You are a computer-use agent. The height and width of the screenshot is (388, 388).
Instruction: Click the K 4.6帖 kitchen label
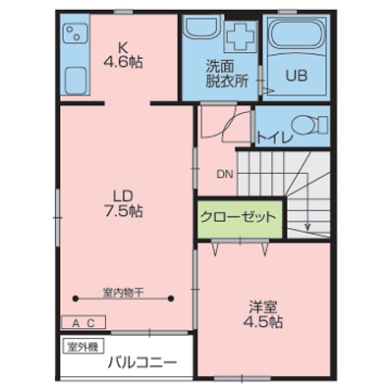point(123,55)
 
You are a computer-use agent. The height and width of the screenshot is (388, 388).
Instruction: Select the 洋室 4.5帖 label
point(263,314)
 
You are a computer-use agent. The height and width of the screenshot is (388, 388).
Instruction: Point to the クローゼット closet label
point(238,217)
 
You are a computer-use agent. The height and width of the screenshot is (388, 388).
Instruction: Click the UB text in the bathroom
point(297,76)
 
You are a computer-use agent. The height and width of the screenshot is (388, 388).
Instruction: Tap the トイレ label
point(274,138)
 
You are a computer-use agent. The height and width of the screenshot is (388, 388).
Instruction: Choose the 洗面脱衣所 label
point(227,74)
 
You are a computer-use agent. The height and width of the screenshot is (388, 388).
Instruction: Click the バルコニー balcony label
point(142,362)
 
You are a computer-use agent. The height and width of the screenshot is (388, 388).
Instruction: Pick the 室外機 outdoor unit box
point(83,347)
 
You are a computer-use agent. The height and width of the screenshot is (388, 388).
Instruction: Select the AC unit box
point(83,322)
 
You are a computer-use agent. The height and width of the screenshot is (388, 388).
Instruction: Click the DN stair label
point(225,175)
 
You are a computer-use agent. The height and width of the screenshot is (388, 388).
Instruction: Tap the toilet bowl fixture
point(309,125)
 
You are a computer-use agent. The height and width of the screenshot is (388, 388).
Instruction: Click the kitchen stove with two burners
point(75,32)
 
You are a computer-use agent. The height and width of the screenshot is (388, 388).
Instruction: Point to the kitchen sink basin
point(76,81)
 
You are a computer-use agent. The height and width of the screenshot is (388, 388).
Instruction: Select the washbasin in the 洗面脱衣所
point(203,28)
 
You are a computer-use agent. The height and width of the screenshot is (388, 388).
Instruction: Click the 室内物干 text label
point(123,293)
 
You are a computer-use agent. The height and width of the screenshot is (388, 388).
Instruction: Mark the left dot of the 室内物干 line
point(76,299)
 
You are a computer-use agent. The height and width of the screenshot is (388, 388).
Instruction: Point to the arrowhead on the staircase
point(307,227)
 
